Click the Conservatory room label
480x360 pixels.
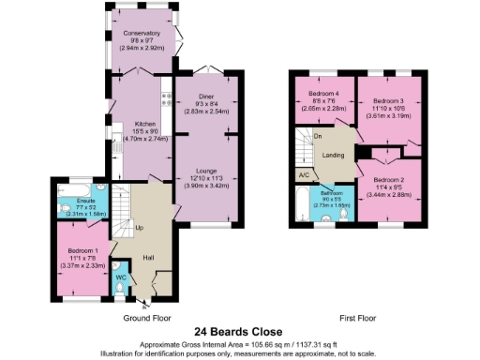(140, 33)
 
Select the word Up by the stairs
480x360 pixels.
(140, 228)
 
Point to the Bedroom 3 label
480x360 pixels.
(387, 99)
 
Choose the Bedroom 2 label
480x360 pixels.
(387, 178)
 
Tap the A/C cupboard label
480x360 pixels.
(303, 174)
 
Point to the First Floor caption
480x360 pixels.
(357, 318)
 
